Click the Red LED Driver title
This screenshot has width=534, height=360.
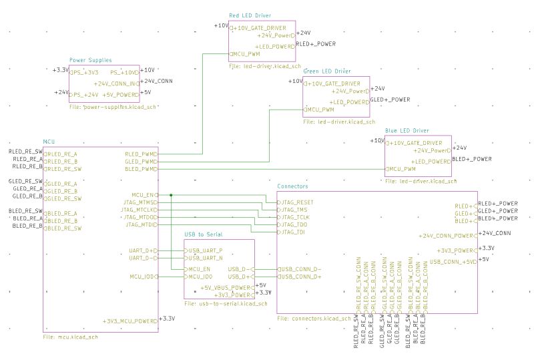tap(250, 15)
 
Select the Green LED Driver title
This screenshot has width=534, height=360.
tap(327, 71)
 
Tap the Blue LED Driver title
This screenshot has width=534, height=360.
tap(407, 131)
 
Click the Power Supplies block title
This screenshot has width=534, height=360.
tap(91, 60)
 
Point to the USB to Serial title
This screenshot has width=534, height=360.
tap(208, 234)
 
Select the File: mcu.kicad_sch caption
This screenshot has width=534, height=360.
tap(71, 337)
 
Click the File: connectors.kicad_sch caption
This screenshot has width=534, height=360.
tap(314, 319)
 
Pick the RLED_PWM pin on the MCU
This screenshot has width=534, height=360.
tap(140, 154)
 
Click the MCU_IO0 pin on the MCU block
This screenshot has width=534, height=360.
tap(142, 276)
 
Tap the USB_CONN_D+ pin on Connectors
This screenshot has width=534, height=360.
tap(300, 276)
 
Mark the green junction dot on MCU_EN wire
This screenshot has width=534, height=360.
tap(172, 194)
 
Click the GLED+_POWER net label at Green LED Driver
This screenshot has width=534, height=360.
tap(390, 100)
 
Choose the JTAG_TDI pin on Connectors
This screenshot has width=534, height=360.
tap(293, 232)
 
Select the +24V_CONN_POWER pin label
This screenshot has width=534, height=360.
tap(446, 236)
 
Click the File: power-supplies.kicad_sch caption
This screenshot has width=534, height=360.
tap(112, 107)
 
